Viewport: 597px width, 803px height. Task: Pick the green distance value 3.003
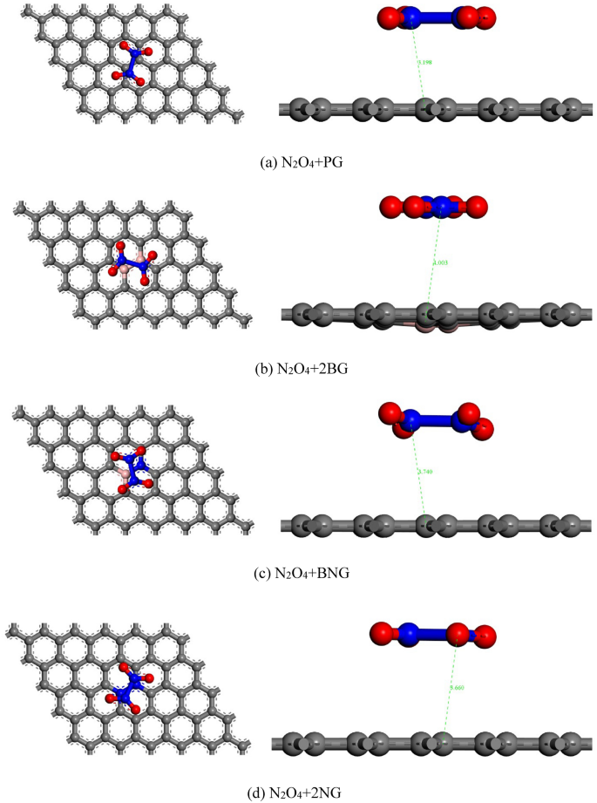click(440, 262)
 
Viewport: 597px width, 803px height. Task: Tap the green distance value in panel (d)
click(457, 688)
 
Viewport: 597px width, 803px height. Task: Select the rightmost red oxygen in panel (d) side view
click(485, 635)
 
